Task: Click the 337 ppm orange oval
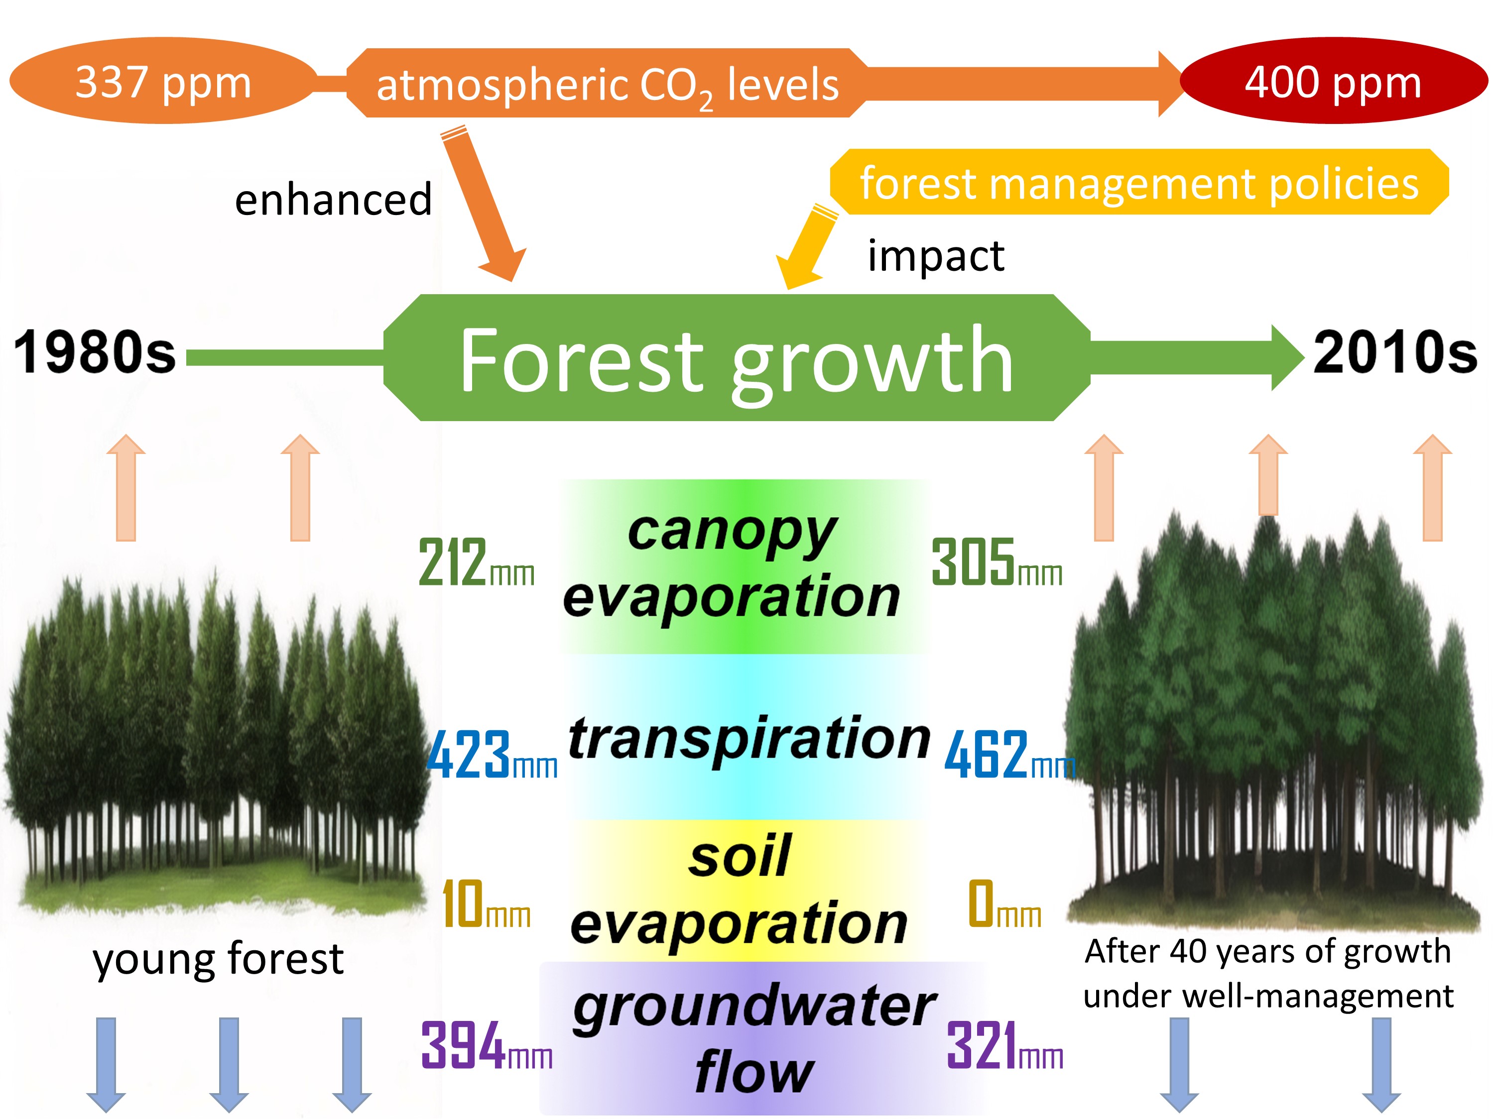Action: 163,80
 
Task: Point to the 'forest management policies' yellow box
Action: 1139,182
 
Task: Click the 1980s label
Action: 95,352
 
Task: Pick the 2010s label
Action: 1395,352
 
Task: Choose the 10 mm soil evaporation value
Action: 486,903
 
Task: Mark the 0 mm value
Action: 1004,903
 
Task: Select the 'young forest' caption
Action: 218,959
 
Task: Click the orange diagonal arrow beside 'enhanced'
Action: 484,203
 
